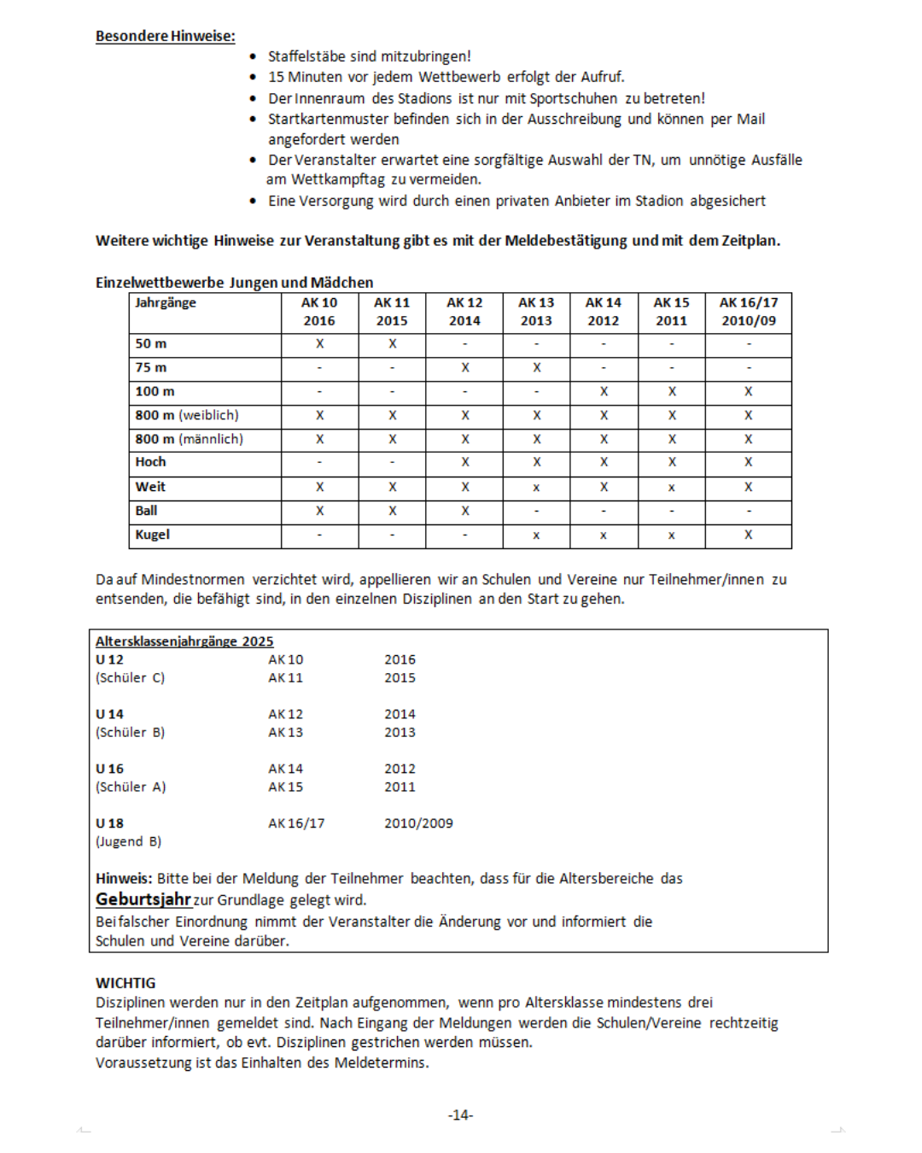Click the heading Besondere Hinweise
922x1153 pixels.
165,36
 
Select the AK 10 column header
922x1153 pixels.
319,312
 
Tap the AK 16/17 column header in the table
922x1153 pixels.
748,312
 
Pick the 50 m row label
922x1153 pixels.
151,343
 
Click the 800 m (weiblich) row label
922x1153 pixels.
187,415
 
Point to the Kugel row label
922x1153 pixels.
153,535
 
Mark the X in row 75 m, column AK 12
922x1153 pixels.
464,367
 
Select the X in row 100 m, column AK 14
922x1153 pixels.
604,391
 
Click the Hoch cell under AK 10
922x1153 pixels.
319,462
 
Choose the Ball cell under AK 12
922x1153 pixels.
464,511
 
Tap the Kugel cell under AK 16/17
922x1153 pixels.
748,535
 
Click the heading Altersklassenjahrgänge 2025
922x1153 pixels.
184,641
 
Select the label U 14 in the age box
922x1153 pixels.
109,714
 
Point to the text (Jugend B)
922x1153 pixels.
128,841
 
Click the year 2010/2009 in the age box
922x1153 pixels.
418,823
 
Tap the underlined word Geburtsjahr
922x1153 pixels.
143,899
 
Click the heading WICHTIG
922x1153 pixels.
125,983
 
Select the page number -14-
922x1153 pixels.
460,1115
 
